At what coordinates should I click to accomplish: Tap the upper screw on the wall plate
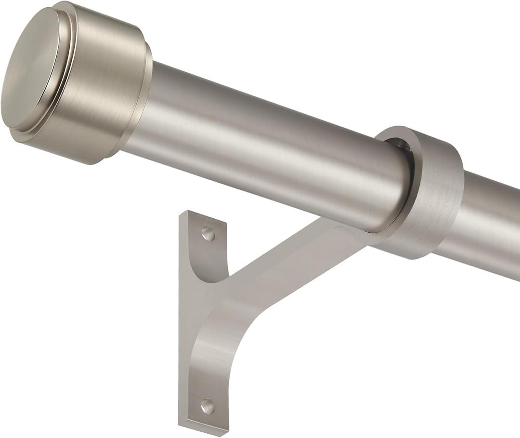pos(208,234)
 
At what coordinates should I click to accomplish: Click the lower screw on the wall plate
pos(208,406)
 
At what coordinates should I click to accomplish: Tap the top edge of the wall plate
pos(202,216)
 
